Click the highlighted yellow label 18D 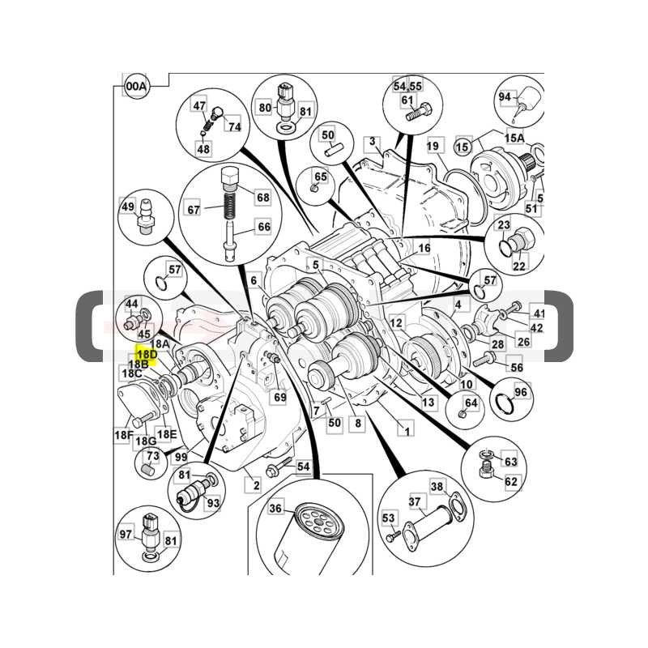click(147, 355)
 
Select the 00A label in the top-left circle click(137, 87)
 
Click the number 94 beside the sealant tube click(505, 96)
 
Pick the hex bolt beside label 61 click(419, 113)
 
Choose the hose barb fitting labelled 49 click(145, 216)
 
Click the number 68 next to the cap click(262, 198)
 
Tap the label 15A click(514, 138)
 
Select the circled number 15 click(463, 147)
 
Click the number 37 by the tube click(415, 501)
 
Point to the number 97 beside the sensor click(126, 534)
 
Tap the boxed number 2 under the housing click(256, 485)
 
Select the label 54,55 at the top click(407, 86)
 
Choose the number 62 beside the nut click(511, 481)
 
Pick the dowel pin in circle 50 click(332, 152)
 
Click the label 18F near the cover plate click(124, 435)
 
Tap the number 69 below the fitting click(280, 397)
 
